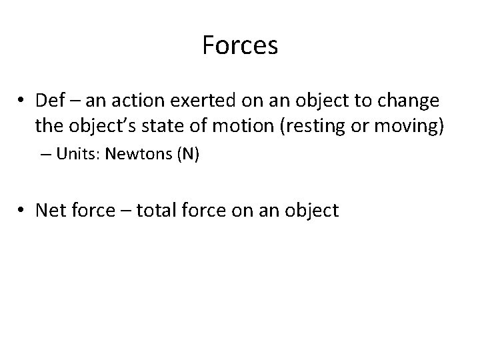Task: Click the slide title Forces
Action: (x=240, y=46)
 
